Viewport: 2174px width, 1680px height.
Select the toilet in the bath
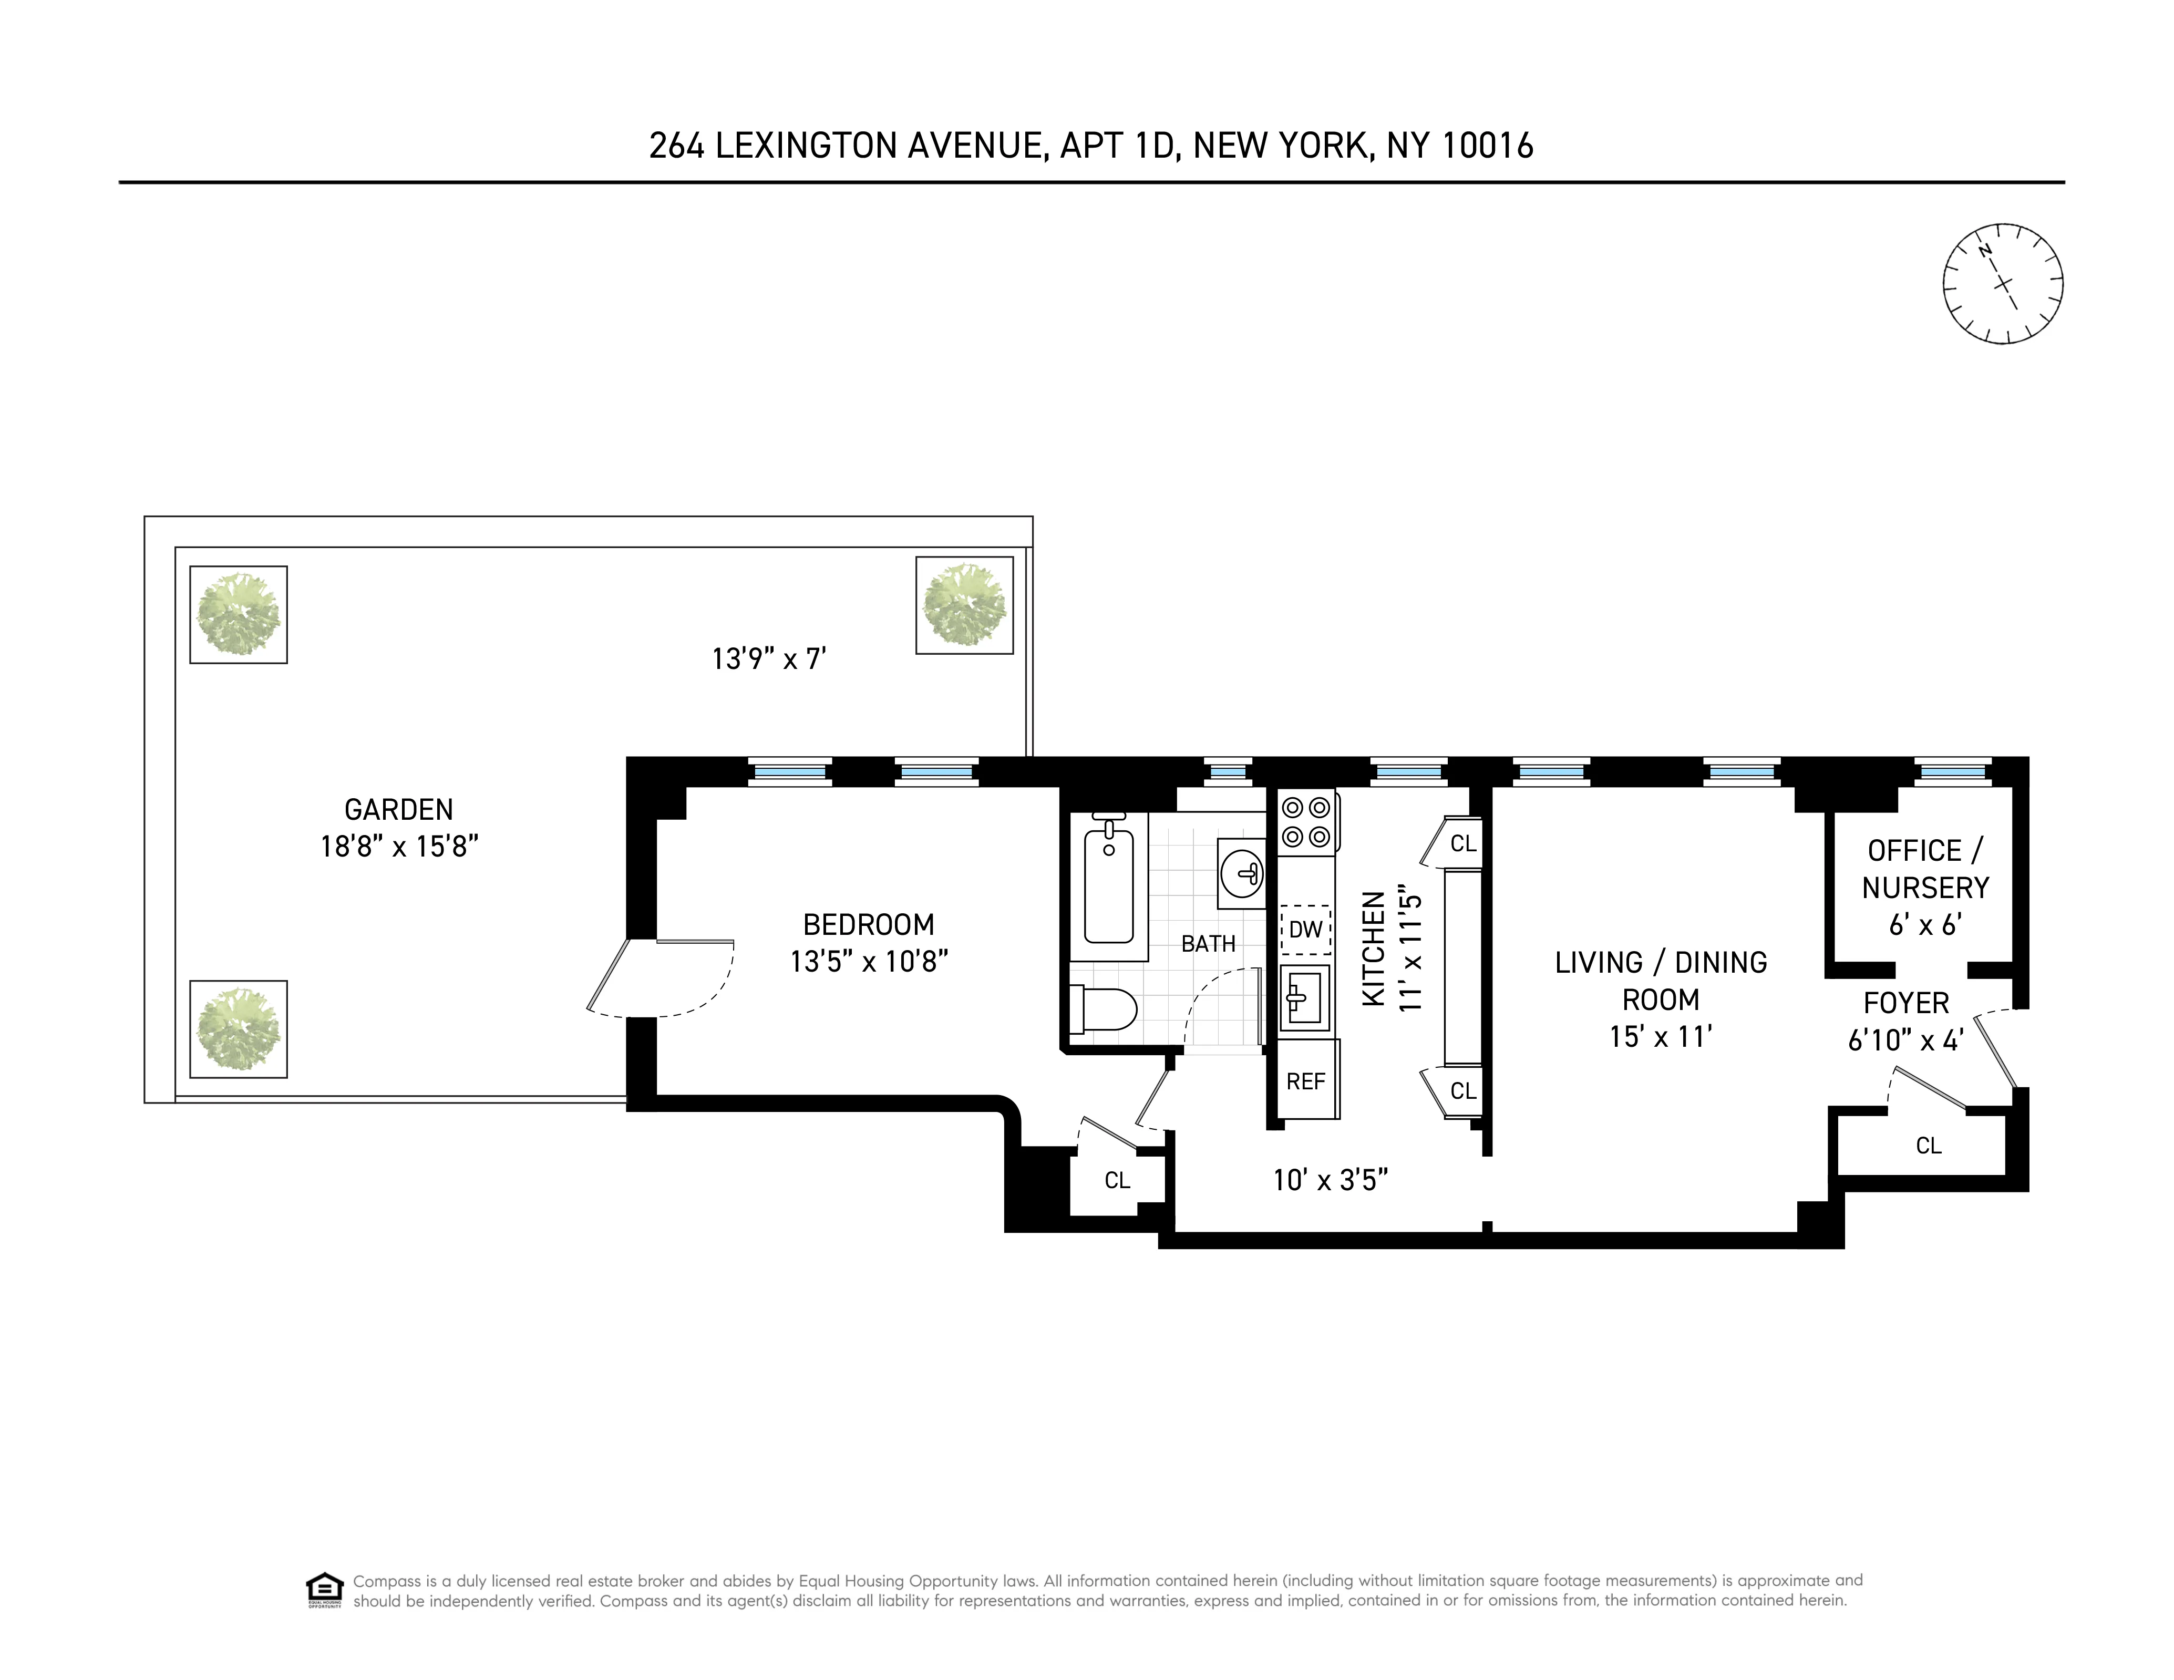point(1103,1008)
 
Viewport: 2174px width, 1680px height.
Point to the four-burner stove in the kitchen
point(1306,821)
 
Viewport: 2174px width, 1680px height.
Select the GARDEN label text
point(398,809)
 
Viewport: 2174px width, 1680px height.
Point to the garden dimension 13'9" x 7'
point(768,659)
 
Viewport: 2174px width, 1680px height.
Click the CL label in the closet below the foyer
point(1928,1146)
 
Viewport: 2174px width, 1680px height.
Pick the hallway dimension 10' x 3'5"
point(1330,1179)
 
